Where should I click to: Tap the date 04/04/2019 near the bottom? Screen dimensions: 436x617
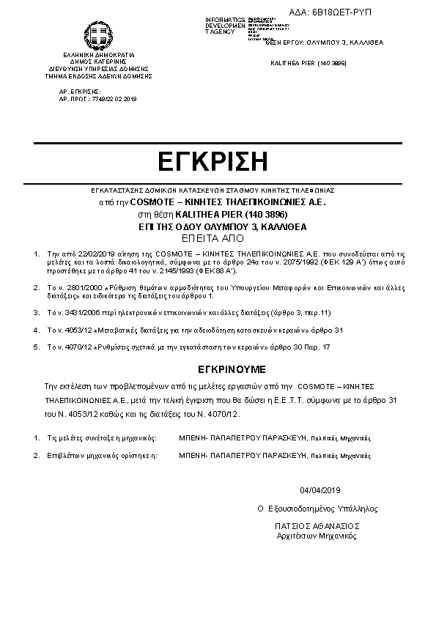click(x=321, y=490)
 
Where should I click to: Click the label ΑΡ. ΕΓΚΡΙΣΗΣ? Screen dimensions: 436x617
click(x=79, y=92)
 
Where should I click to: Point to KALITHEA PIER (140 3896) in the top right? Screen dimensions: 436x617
click(x=308, y=64)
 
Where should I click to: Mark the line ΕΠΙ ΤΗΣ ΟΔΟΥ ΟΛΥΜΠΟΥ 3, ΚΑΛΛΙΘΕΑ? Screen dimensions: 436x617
click(x=217, y=227)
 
